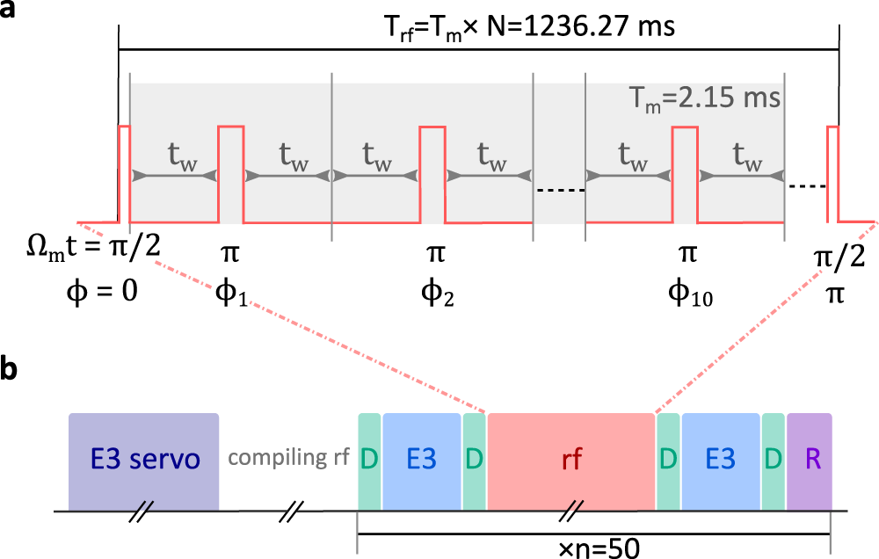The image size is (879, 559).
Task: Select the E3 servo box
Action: coord(144,461)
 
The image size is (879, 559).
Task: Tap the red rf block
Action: coord(571,461)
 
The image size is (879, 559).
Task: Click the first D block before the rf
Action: coord(369,461)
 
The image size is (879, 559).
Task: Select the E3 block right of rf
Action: coord(721,461)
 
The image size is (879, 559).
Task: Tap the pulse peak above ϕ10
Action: coord(685,128)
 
